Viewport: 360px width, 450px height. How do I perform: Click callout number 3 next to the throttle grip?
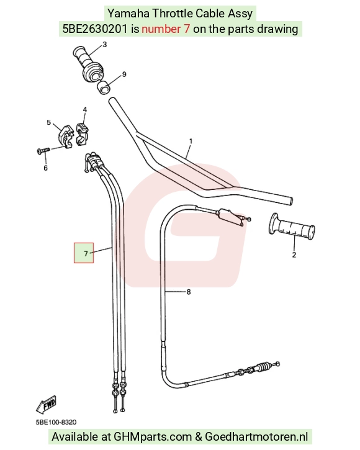(104, 45)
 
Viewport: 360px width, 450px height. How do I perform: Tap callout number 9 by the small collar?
(124, 74)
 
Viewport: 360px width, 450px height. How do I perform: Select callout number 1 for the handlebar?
(191, 141)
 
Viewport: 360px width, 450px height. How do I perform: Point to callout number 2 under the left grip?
(294, 254)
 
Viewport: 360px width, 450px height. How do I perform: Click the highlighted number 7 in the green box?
(86, 253)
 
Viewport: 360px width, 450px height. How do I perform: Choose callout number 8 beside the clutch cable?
(189, 292)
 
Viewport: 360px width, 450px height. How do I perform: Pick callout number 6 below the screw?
(45, 168)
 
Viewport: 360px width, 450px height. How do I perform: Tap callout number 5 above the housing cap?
(49, 122)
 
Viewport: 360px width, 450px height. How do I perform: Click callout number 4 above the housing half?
(84, 110)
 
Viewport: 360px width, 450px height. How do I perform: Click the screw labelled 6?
(43, 150)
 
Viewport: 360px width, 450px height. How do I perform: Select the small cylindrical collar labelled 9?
(104, 88)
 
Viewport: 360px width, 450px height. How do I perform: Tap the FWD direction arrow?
(46, 405)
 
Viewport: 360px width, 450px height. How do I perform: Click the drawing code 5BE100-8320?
(56, 422)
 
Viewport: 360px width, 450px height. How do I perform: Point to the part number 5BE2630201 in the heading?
(95, 29)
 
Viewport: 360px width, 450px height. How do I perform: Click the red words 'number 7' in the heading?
(166, 29)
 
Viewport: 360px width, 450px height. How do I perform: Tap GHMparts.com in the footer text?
(153, 437)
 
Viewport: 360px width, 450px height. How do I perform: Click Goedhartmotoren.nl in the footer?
(256, 437)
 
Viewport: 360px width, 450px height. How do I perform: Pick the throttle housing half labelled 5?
(65, 136)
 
